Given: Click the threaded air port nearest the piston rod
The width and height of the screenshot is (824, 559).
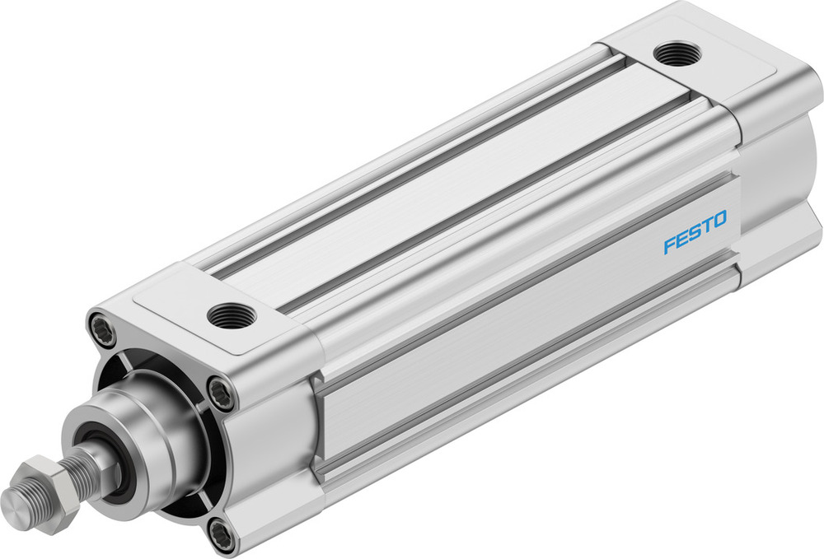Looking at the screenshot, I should tap(232, 314).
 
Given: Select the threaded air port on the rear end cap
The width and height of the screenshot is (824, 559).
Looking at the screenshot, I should tap(677, 54).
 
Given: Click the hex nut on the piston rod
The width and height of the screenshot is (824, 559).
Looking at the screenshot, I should tap(49, 486).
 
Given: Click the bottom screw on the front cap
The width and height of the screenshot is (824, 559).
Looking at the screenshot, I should tap(220, 535).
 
